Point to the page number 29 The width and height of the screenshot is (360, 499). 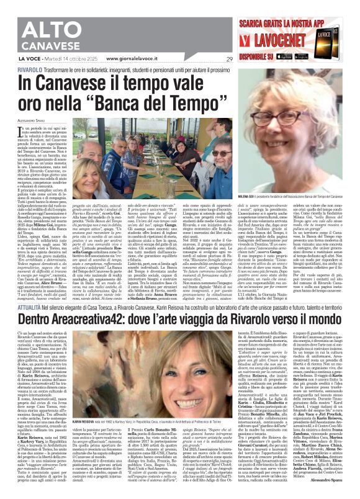coord(229,60)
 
